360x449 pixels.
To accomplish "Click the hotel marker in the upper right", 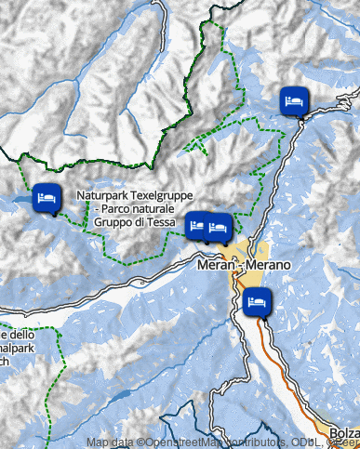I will [293, 101].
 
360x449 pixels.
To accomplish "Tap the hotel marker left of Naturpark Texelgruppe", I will [44, 199].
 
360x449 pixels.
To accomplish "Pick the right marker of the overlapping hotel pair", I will [220, 227].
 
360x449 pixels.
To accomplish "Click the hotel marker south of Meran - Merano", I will [256, 302].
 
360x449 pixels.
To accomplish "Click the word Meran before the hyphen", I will [215, 266].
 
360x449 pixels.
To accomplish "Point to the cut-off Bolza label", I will [344, 433].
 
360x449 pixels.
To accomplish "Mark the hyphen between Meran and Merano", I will [239, 266].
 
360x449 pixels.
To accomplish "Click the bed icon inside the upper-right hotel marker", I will [293, 99].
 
